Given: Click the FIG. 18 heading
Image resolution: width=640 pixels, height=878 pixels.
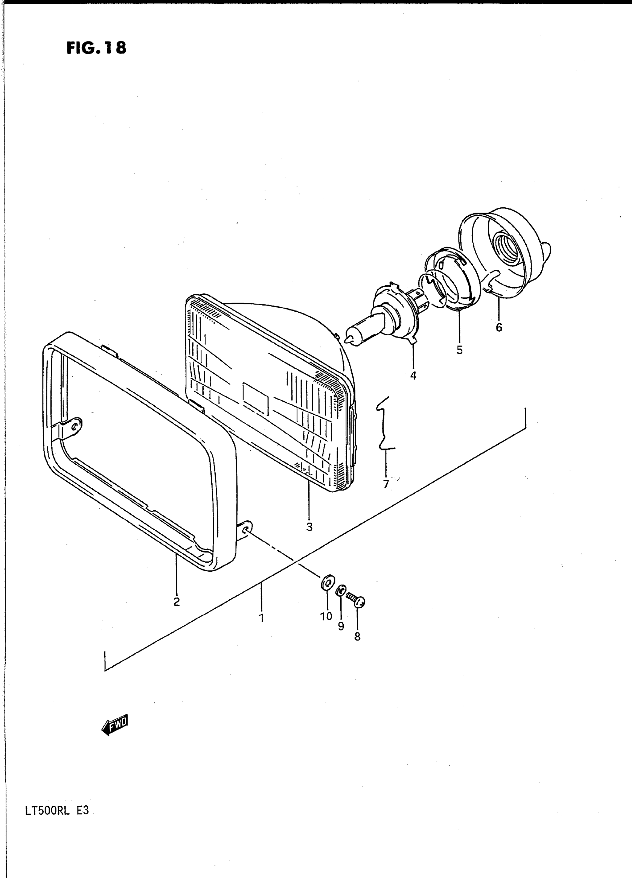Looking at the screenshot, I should (x=96, y=48).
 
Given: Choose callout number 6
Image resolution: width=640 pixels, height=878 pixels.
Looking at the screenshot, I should (x=499, y=327).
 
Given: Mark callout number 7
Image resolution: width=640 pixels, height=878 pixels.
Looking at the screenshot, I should (x=386, y=484).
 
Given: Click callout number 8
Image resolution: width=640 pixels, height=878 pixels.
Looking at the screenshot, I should (x=357, y=636).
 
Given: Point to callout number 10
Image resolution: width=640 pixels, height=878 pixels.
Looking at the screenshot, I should (x=326, y=616).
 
